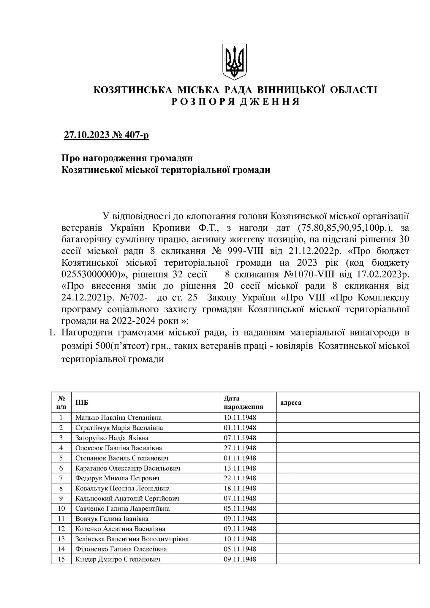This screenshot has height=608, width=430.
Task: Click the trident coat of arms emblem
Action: (234, 61)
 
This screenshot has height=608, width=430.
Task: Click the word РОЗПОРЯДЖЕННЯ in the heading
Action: (235, 102)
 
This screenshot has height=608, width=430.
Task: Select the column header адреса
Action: (291, 403)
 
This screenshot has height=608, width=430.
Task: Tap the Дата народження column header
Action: (244, 403)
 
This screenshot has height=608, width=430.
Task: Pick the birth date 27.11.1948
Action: (240, 448)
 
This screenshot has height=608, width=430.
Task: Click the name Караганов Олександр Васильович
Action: (128, 468)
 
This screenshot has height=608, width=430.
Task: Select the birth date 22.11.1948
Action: (240, 478)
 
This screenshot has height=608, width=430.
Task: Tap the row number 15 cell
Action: (61, 559)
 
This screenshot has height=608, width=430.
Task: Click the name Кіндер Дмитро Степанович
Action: (118, 559)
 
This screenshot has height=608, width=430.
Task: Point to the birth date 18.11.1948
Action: (240, 488)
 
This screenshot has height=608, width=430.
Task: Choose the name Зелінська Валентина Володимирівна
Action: (132, 539)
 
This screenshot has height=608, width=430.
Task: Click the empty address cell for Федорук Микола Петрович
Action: (347, 478)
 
